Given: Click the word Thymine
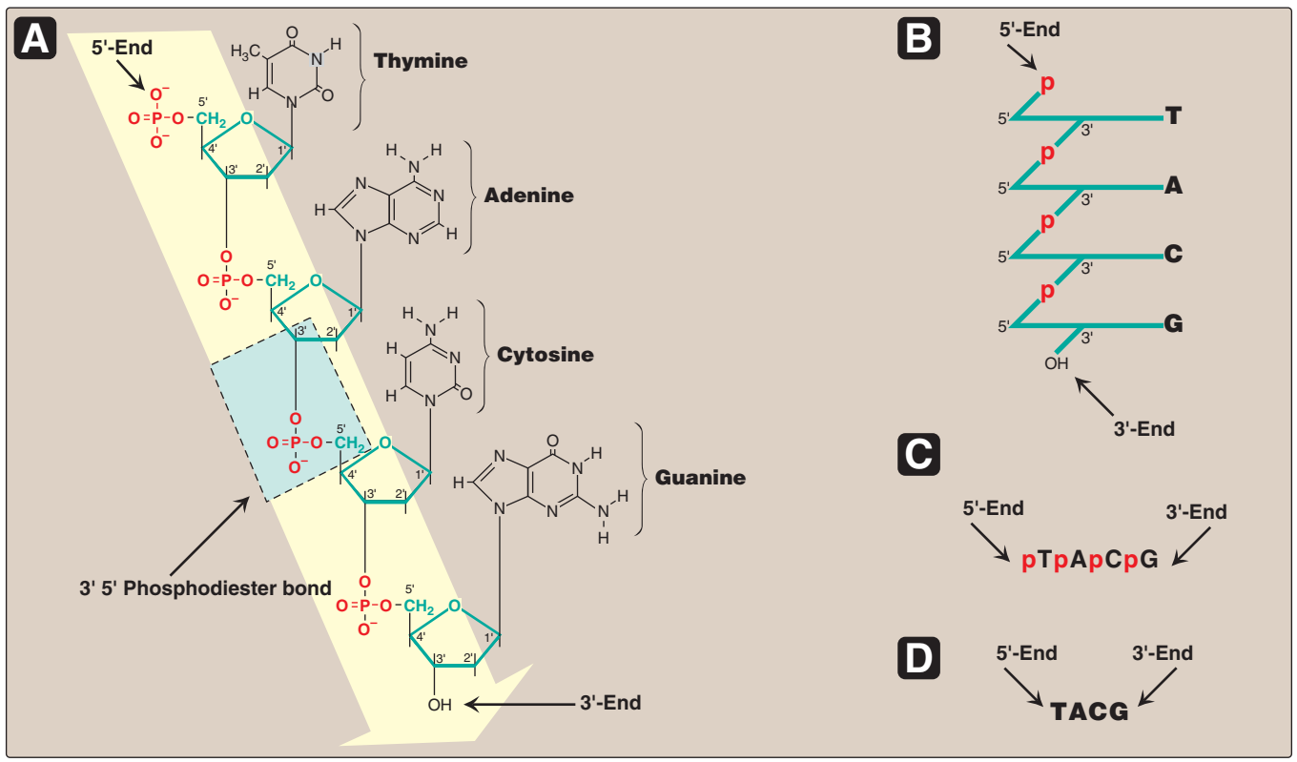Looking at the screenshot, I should pos(421,62).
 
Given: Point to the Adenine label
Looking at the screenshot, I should pos(528,196).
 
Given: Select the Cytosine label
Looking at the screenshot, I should pos(546,356).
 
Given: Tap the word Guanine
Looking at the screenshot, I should pos(700,477).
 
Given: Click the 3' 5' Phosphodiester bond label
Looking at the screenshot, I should pos(205,587).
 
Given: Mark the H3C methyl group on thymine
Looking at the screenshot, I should pos(245,50).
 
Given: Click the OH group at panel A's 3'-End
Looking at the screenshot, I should pos(439,706).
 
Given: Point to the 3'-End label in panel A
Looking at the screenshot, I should pos(610,704).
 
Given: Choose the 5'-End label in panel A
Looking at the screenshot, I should pos(122,47).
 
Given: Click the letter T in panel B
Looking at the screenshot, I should pos(1173,117).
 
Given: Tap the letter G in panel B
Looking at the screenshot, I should pos(1173,325).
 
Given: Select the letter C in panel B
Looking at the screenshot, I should pos(1173,255).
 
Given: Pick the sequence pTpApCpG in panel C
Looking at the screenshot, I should pos(1089,560).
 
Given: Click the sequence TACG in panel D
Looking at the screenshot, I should pos(1089,711).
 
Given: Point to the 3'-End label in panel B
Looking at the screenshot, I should pos(1143,429).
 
